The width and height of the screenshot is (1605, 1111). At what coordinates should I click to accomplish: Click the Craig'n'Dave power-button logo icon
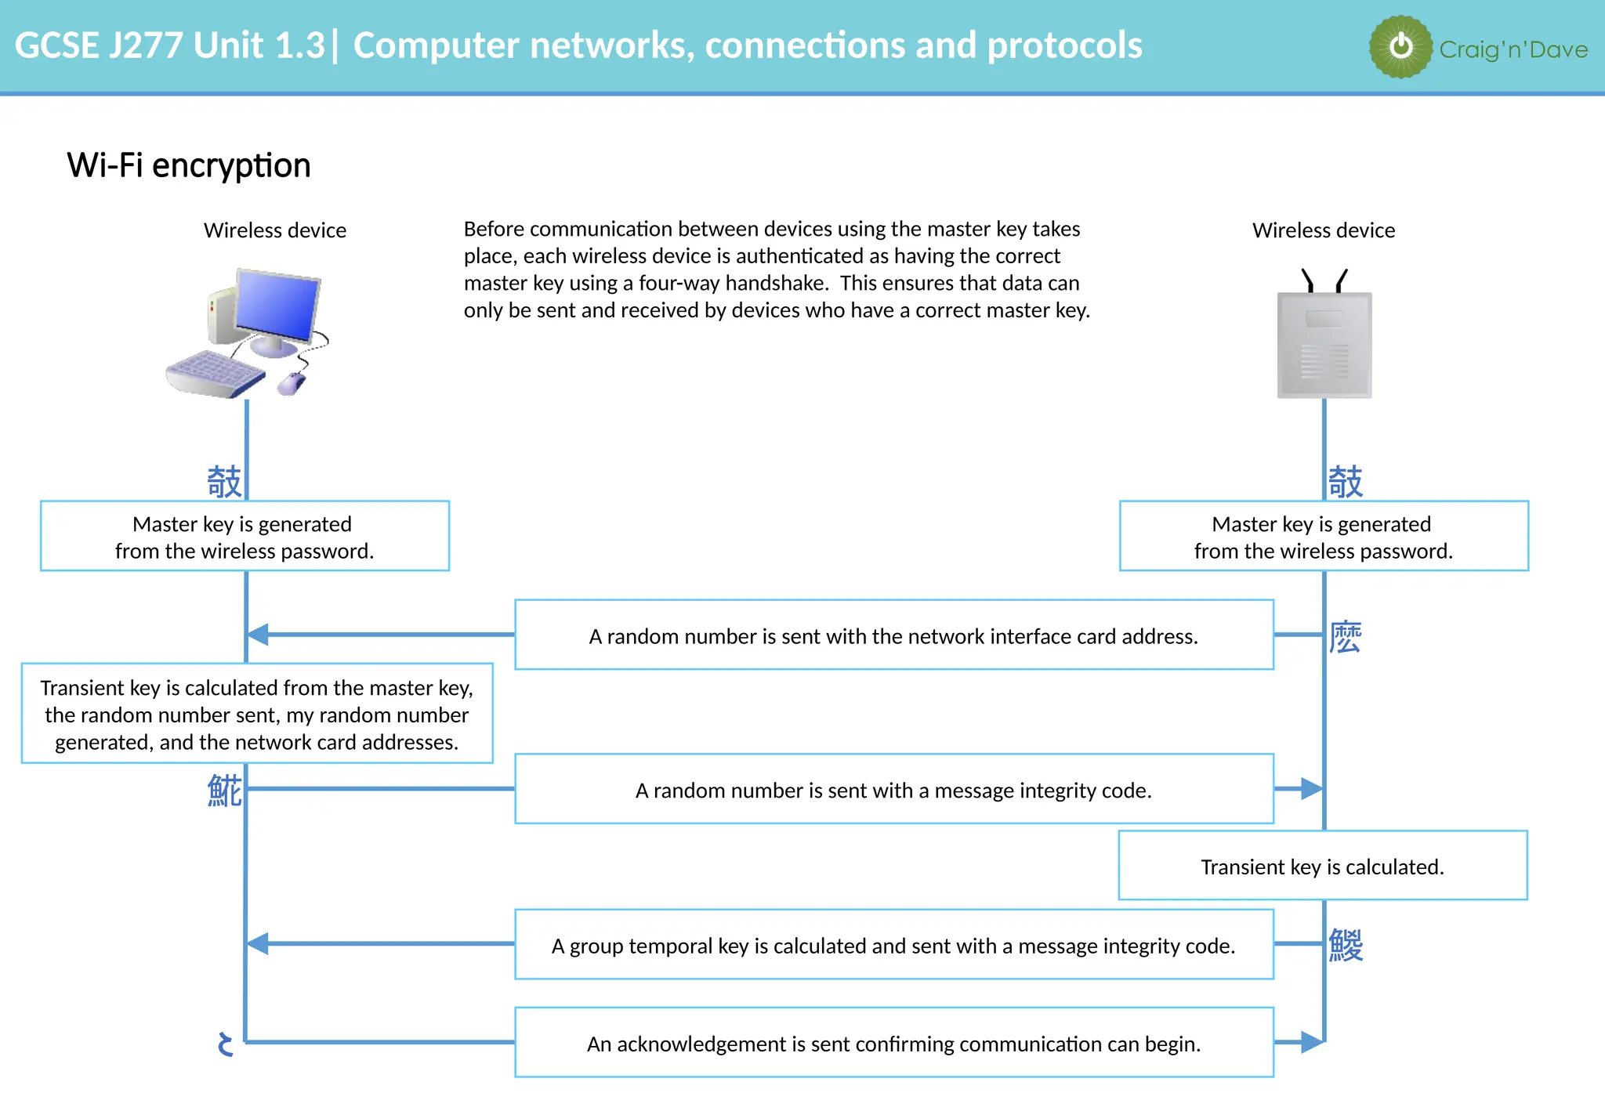[x=1400, y=47]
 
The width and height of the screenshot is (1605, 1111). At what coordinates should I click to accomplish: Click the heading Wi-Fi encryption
[x=189, y=165]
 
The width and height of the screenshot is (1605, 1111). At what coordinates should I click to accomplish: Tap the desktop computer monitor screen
[x=277, y=306]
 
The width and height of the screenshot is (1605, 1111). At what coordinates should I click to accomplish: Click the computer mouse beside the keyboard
[x=291, y=384]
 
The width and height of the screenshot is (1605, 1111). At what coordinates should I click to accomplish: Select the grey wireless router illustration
[x=1324, y=345]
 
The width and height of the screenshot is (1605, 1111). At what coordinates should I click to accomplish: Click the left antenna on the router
[x=1307, y=280]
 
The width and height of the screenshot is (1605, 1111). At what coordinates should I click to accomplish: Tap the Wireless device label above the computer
[x=275, y=230]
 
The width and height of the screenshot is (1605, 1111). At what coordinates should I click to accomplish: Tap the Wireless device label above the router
[x=1324, y=230]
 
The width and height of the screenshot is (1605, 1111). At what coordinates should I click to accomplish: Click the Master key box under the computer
[x=245, y=537]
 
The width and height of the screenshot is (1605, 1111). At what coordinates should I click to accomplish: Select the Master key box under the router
[x=1324, y=537]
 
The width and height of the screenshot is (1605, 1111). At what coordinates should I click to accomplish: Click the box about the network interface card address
[x=893, y=635]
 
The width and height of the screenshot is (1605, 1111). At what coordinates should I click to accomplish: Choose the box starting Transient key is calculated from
[x=257, y=714]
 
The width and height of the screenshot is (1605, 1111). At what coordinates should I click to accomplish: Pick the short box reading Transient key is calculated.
[x=1323, y=866]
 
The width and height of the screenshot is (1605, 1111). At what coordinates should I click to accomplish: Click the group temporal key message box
[x=893, y=945]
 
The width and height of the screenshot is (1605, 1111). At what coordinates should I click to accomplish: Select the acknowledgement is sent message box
[x=893, y=1043]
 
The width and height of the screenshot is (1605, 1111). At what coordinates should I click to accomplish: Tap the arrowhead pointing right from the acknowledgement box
[x=1311, y=1042]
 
